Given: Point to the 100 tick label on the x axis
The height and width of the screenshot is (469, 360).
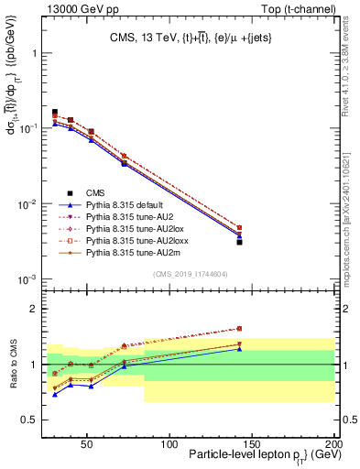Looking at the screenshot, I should point(169,444).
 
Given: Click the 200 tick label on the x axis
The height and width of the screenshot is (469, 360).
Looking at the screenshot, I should point(334,444).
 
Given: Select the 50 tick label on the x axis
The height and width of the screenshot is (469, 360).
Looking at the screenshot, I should point(86,444).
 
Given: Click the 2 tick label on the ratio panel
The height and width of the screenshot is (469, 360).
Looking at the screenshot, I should point(38,309).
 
